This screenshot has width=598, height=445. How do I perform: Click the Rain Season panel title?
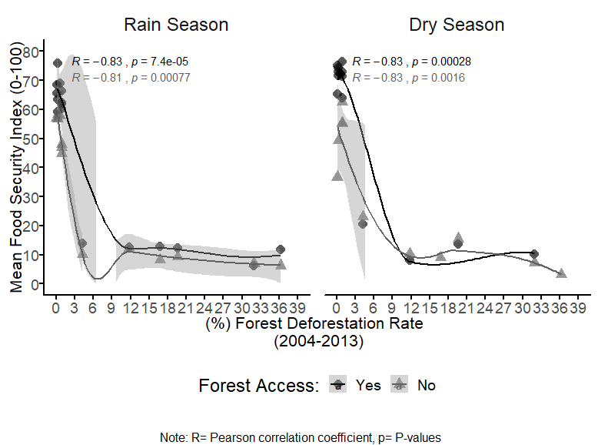pos(176,25)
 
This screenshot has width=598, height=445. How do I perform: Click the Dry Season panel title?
pos(457,25)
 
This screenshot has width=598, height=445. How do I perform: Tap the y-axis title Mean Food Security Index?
pos(16,167)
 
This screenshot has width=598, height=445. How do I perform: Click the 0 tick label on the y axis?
pos(35,284)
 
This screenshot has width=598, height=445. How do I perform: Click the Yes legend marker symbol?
pos(338,385)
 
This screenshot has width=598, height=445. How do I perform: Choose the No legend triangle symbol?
pos(400,385)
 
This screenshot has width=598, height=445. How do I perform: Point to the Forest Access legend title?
pos(258,385)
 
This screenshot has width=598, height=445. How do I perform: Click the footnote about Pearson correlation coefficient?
pos(301,437)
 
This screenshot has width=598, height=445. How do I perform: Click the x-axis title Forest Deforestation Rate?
pos(314,324)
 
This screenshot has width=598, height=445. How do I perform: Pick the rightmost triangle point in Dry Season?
pos(561,273)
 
